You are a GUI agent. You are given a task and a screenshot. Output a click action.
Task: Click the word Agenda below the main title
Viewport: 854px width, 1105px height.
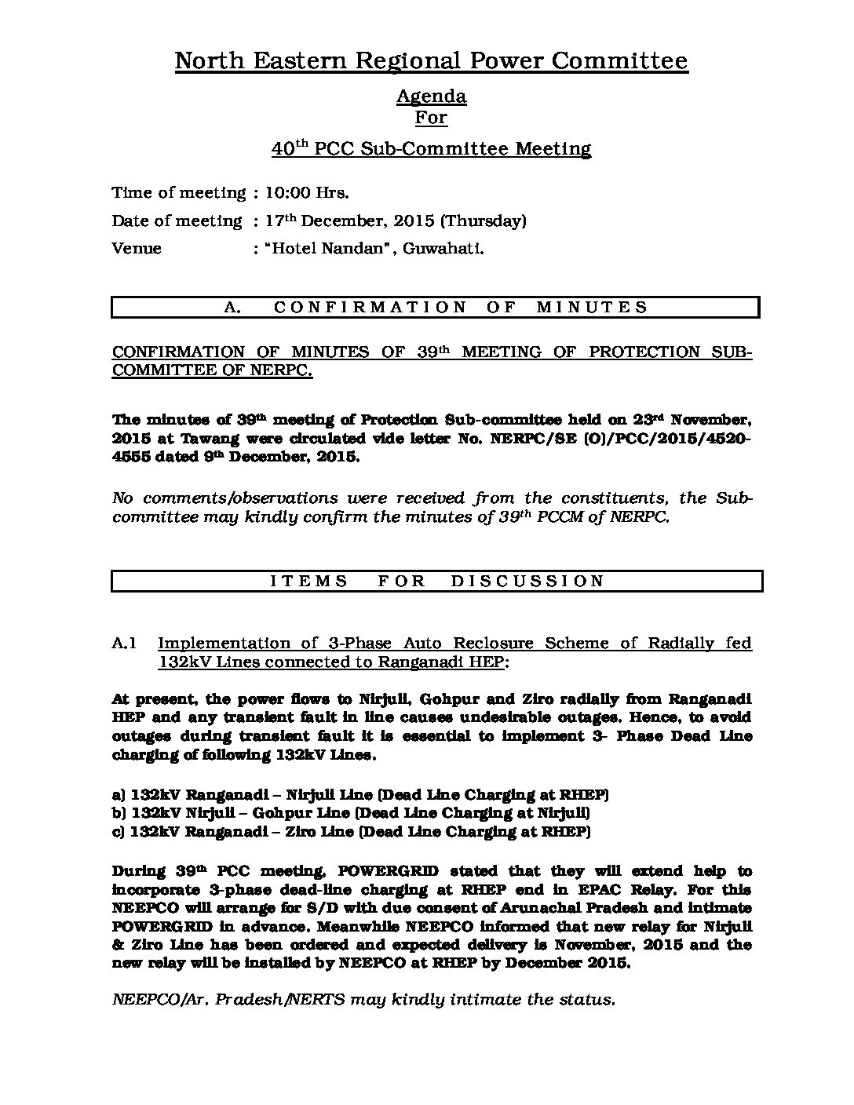[x=431, y=97]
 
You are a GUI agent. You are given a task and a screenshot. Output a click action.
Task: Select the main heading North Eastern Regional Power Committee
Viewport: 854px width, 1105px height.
[x=431, y=60]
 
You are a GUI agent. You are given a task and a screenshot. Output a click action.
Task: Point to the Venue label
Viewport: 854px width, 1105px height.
[x=137, y=249]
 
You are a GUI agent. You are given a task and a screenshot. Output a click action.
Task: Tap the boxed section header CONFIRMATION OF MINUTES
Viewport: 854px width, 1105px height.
[x=436, y=307]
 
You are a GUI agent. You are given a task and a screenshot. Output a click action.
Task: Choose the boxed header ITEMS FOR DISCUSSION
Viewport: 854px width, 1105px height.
[x=437, y=582]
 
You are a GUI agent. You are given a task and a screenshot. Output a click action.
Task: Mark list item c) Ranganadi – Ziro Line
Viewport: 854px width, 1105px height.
[x=351, y=832]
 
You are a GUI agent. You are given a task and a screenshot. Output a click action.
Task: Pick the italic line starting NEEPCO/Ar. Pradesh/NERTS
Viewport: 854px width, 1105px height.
[x=363, y=1000]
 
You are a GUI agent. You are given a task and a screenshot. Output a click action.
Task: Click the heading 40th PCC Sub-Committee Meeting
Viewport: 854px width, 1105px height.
[x=431, y=148]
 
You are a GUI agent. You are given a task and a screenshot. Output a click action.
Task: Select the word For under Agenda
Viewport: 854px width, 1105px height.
[x=431, y=118]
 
